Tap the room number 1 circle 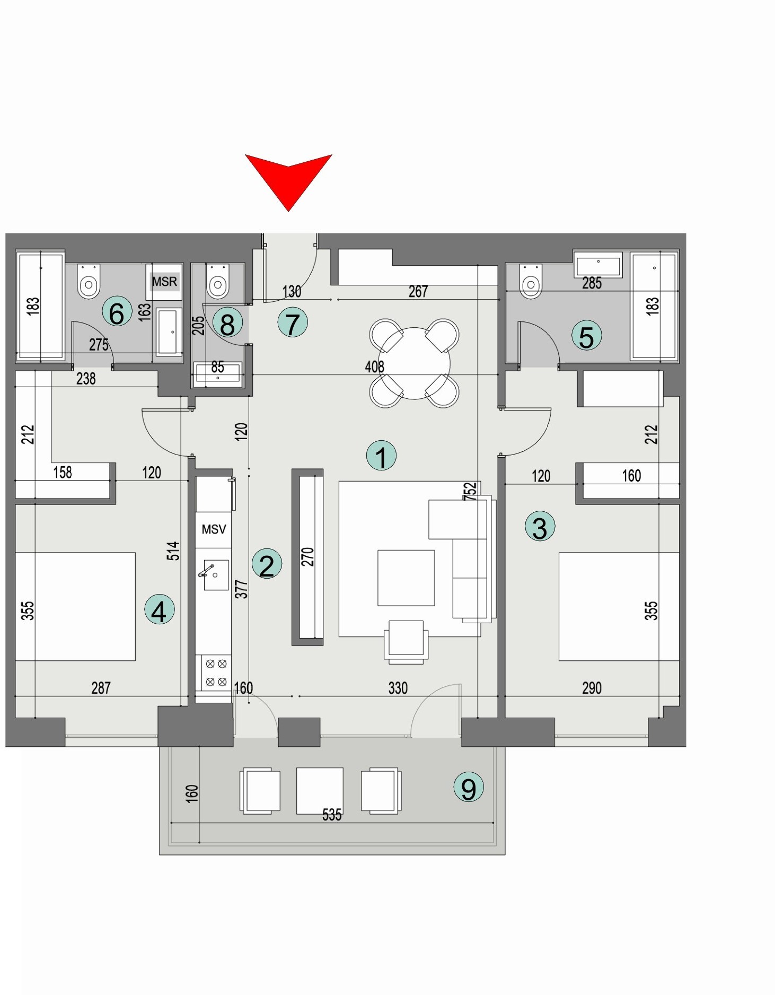[x=381, y=456]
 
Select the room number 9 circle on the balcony [x=469, y=788]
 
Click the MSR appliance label [x=164, y=282]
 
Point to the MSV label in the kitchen [x=214, y=529]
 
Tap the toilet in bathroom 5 [x=531, y=283]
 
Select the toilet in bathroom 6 [x=89, y=283]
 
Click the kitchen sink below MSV [x=215, y=575]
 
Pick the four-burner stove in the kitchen [x=216, y=673]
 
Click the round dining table [x=414, y=363]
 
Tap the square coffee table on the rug [x=406, y=578]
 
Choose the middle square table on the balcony [x=320, y=790]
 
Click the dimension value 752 [x=470, y=491]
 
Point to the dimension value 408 [x=374, y=366]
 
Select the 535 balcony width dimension [x=332, y=815]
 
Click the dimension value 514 [x=173, y=551]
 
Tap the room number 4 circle [x=159, y=610]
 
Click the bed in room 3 [x=619, y=606]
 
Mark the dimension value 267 [x=418, y=291]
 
